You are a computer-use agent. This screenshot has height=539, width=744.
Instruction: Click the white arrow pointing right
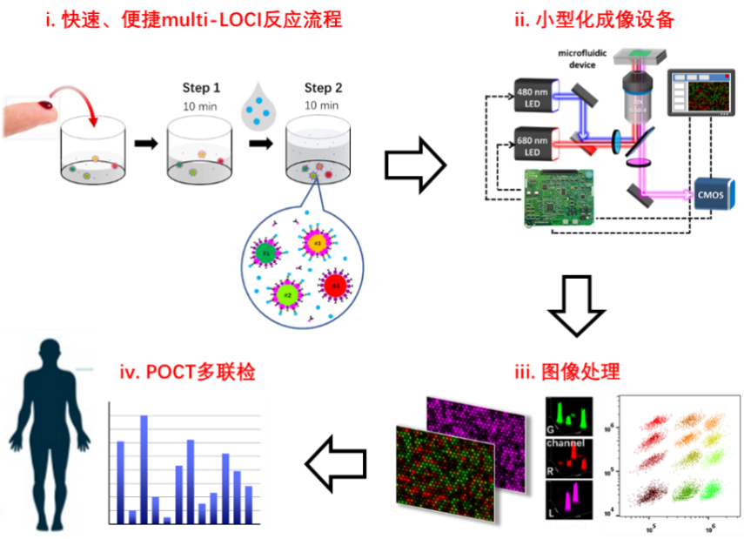415,164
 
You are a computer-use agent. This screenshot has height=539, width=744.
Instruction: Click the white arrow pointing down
577,306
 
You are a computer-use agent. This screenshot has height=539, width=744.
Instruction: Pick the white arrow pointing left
338,462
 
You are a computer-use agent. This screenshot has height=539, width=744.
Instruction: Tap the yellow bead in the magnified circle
318,242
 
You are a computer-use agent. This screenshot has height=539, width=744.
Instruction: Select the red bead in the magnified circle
335,284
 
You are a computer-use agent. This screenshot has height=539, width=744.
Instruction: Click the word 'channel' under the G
565,443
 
